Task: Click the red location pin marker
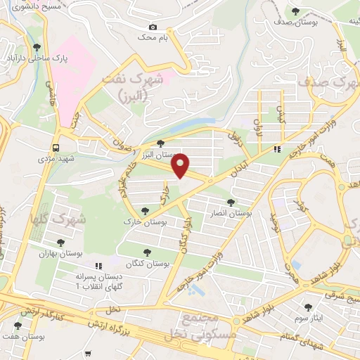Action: point(181,165)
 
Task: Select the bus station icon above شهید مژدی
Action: point(55,147)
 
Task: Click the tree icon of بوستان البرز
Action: point(161,144)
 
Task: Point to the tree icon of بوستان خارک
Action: point(145,210)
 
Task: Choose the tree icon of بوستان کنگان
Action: point(147,252)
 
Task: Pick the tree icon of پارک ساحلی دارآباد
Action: point(37,47)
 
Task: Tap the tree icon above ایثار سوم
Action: point(307,307)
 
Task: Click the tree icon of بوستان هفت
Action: point(18,326)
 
